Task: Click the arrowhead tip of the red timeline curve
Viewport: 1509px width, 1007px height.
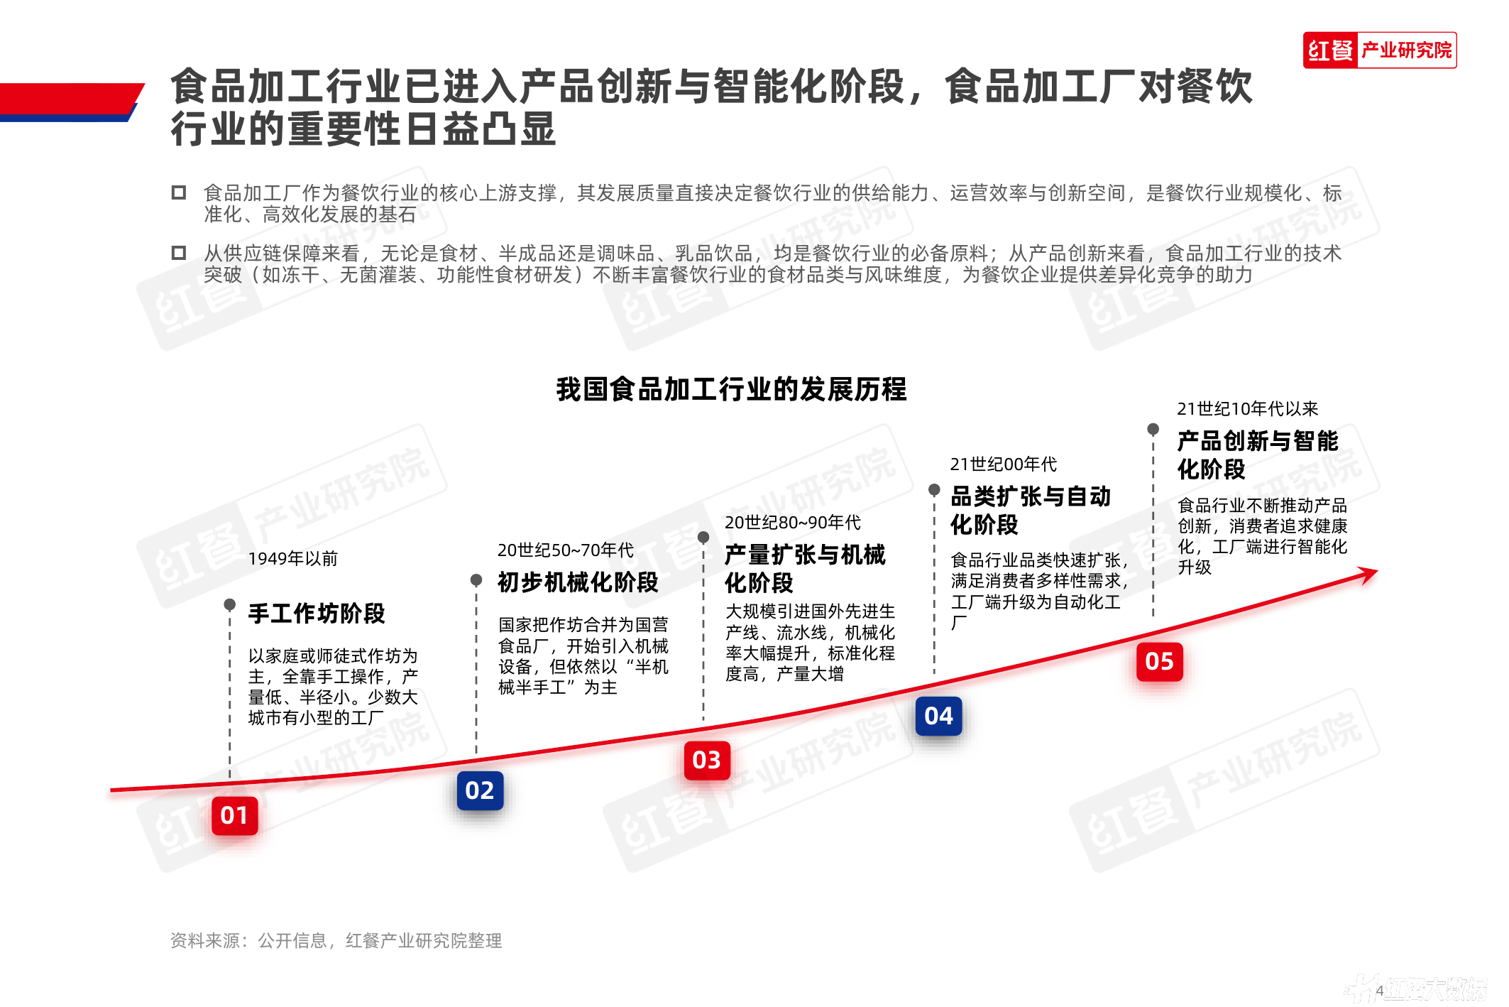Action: (x=1377, y=571)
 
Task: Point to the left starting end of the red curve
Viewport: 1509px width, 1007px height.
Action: (x=111, y=790)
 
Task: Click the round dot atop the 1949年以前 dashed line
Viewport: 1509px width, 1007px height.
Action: (x=229, y=604)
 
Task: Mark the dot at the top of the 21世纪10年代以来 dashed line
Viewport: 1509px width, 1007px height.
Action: (x=1153, y=429)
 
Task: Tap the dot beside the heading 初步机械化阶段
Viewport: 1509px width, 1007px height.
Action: (x=476, y=579)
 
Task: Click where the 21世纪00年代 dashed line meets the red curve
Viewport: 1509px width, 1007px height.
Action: (x=934, y=684)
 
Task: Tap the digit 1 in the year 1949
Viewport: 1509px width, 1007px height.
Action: (x=253, y=559)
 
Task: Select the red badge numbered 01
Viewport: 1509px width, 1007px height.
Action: (x=234, y=815)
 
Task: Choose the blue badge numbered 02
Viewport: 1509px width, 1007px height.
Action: (x=480, y=790)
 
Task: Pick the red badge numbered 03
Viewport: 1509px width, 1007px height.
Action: (x=707, y=760)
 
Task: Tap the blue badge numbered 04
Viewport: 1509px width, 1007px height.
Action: (x=939, y=716)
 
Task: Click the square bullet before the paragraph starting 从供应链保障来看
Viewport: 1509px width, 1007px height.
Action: (x=179, y=253)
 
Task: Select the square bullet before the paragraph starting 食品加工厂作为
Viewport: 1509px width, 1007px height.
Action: (x=179, y=192)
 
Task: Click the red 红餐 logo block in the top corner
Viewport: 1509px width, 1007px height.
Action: (x=1331, y=50)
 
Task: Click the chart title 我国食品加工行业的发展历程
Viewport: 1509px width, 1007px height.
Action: (x=731, y=389)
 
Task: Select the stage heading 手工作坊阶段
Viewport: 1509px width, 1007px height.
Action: (x=317, y=613)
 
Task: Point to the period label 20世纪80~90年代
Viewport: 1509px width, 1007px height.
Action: (x=793, y=523)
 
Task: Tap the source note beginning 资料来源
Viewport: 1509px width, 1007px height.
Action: (x=336, y=940)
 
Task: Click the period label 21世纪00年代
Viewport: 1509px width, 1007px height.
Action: (x=1004, y=464)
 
